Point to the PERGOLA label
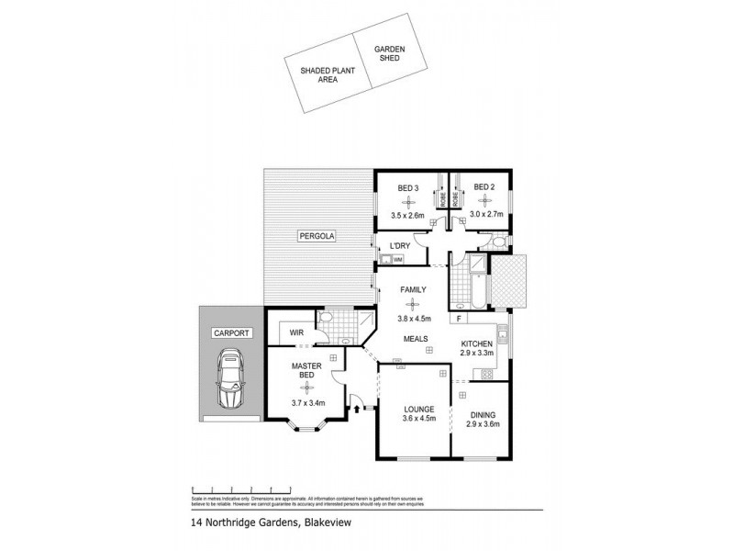(x=317, y=237)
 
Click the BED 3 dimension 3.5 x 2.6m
(x=408, y=217)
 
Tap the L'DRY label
(x=400, y=245)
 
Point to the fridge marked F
(x=458, y=319)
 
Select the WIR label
(x=296, y=332)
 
